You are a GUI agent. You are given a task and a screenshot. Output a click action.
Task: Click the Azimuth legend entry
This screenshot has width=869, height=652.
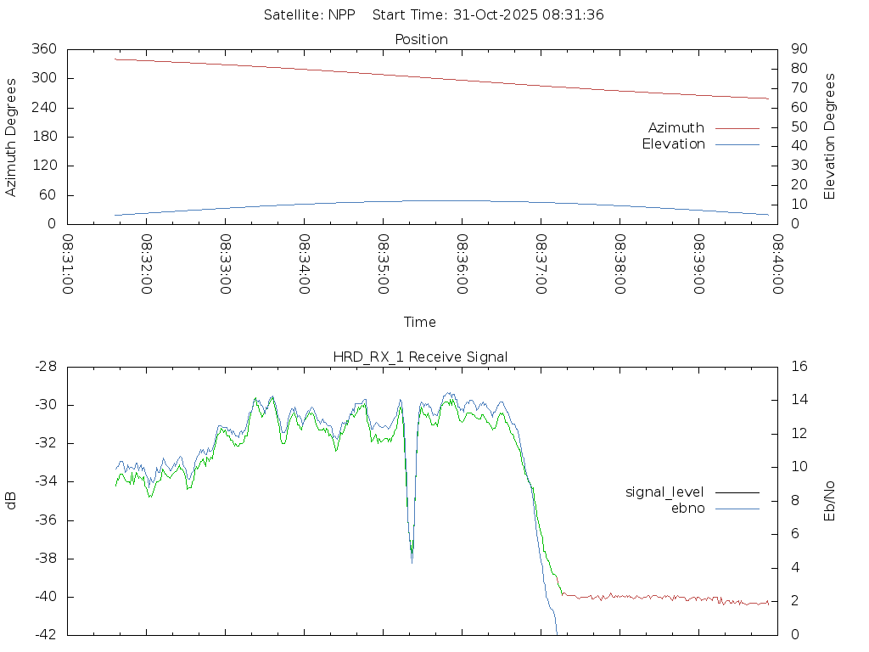[x=676, y=128]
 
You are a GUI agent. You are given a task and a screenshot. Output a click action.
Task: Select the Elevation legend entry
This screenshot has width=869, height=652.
[x=674, y=144]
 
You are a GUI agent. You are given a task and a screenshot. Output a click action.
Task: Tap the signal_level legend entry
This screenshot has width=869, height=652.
[x=664, y=492]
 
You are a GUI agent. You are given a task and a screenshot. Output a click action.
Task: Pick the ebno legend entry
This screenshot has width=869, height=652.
[x=687, y=509]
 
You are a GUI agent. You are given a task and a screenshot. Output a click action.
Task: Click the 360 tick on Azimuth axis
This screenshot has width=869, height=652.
[x=44, y=49]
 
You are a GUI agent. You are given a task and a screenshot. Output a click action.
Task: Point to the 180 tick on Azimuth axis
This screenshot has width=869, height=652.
[x=44, y=137]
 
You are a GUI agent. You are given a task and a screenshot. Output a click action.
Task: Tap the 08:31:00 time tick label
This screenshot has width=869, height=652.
[x=68, y=265]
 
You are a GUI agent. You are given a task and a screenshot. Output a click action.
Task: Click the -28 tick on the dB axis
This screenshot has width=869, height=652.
[x=46, y=367]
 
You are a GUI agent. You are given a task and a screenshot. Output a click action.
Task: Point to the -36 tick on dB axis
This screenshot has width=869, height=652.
[x=46, y=520]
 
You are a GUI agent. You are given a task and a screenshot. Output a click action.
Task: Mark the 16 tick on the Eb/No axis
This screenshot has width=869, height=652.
[x=799, y=367]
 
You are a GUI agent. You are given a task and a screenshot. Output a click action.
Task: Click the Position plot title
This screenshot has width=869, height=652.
[x=422, y=39]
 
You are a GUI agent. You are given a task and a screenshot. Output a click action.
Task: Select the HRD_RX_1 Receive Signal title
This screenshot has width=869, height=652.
[x=420, y=357]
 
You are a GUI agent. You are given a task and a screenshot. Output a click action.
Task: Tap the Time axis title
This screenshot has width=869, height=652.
[x=420, y=322]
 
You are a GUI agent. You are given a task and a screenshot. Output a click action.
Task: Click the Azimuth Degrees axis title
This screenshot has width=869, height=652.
[x=11, y=137]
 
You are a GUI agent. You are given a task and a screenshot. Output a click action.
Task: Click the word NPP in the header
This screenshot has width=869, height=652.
[x=342, y=14]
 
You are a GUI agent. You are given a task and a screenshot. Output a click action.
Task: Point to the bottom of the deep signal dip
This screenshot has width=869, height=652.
[x=412, y=561]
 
